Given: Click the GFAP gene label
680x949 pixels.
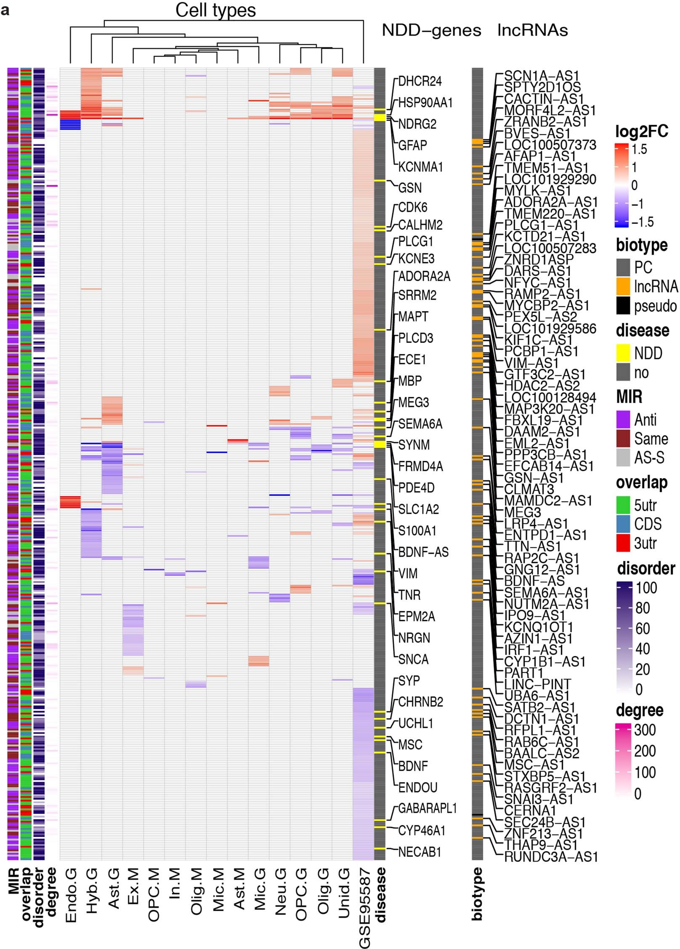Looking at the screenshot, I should pyautogui.click(x=412, y=145).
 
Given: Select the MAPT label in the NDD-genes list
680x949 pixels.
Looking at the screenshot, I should pyautogui.click(x=413, y=316).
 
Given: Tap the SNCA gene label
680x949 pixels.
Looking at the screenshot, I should pyautogui.click(x=413, y=659).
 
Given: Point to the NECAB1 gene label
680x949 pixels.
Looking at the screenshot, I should pyautogui.click(x=420, y=852).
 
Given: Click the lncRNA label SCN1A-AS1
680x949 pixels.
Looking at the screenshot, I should pyautogui.click(x=541, y=76).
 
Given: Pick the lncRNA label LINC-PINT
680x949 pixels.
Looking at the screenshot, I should pyautogui.click(x=537, y=684).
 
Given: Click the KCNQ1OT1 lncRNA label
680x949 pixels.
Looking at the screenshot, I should pyautogui.click(x=539, y=627).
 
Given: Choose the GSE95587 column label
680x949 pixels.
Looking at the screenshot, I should pyautogui.click(x=364, y=908).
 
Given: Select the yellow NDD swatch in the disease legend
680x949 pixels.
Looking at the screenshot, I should pyautogui.click(x=623, y=353).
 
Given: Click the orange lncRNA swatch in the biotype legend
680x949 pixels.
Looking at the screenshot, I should pyautogui.click(x=623, y=286).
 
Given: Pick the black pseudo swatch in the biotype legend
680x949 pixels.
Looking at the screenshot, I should pyautogui.click(x=623, y=306).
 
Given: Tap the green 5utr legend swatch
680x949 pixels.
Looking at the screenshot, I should pyautogui.click(x=623, y=505).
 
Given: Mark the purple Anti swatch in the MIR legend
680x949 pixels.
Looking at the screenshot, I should pyautogui.click(x=623, y=420).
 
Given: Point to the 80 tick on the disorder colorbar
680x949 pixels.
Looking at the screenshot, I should pyautogui.click(x=643, y=608).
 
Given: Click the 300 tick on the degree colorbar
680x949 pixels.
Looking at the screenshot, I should pyautogui.click(x=644, y=730).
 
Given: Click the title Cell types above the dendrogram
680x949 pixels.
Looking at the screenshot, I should pyautogui.click(x=215, y=10).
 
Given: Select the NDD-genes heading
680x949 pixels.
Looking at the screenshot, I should pyautogui.click(x=431, y=30).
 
